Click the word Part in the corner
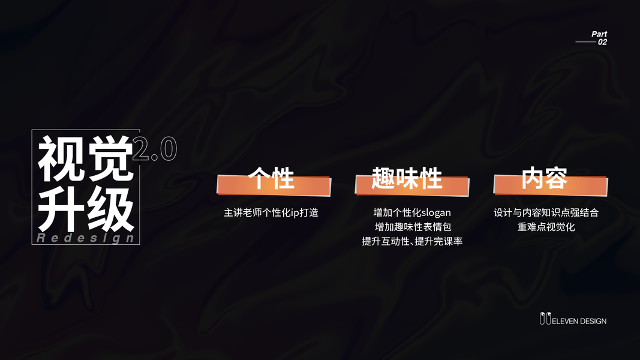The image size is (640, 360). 599,34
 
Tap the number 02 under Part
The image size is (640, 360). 602,42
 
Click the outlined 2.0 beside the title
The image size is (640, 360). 154,149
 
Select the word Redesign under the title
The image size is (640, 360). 86,238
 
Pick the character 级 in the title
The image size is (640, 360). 109,210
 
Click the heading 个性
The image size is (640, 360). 272,179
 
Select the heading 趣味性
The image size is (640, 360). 407,179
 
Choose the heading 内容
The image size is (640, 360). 545,179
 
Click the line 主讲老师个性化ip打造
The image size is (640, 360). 271,212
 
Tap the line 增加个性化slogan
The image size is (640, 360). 412,212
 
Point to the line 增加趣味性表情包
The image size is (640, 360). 412,227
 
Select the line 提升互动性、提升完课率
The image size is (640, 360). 412,241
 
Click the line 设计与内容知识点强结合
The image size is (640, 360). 546,212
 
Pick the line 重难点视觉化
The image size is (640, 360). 546,227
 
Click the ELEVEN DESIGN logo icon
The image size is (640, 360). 545,319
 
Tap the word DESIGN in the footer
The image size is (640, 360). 593,321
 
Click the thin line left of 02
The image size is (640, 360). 586,42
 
